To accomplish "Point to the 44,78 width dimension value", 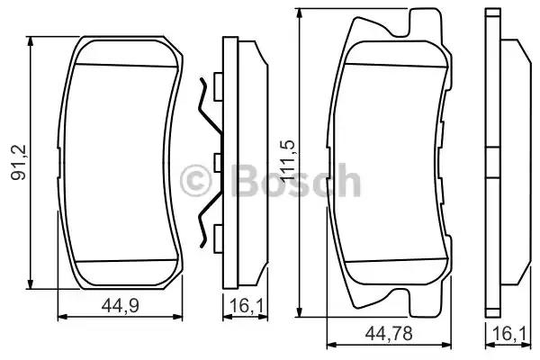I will tap(382, 335).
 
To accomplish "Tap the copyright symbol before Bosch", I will tap(193, 181).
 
